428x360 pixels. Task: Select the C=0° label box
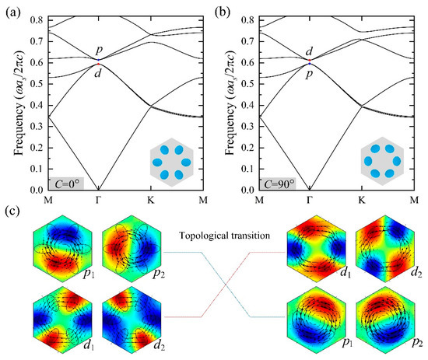click(55, 182)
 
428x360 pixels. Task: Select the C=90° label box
click(269, 182)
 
